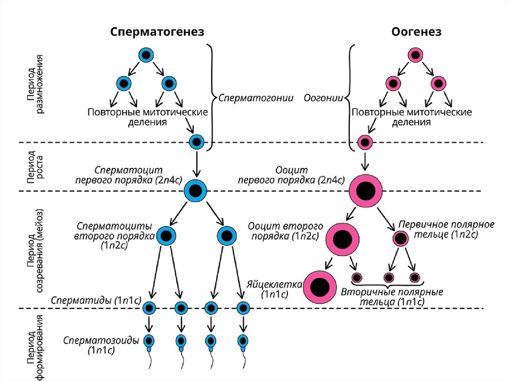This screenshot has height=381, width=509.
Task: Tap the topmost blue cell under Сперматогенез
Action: [146, 55]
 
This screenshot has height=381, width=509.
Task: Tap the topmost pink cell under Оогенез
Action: [415, 55]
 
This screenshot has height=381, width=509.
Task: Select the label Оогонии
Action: [323, 98]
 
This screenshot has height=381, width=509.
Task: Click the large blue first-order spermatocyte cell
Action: [195, 191]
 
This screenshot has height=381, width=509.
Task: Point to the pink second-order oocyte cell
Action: [343, 239]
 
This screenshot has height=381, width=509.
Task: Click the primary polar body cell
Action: [402, 239]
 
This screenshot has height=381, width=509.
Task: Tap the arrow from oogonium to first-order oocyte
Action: [366, 160]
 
